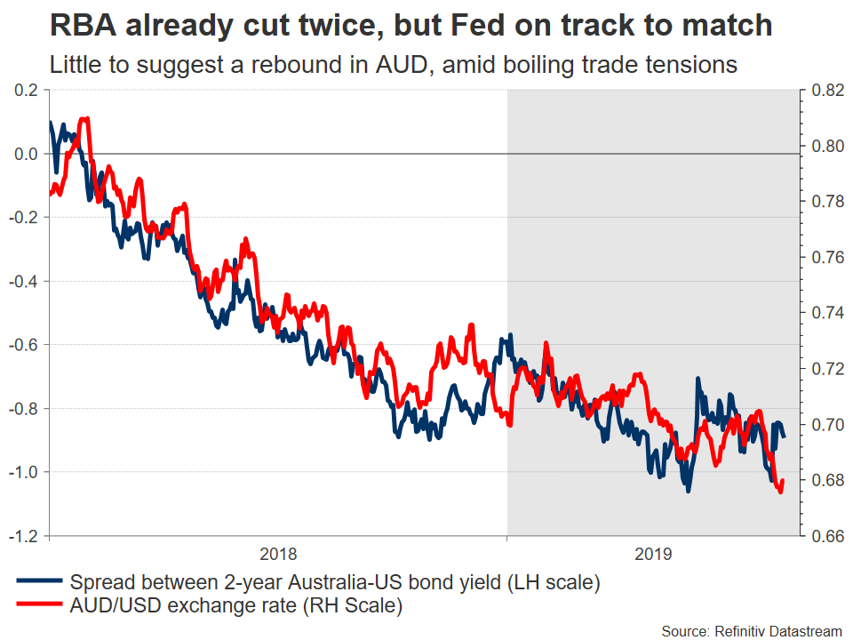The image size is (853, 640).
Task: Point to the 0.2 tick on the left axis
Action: click(x=27, y=91)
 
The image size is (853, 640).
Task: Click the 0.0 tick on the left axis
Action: click(x=27, y=155)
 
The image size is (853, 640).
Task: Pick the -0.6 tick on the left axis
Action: click(x=24, y=345)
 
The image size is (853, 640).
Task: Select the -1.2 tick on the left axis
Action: click(x=24, y=535)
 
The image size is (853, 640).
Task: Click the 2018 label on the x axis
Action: click(x=278, y=554)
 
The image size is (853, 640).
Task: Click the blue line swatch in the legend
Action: click(x=39, y=583)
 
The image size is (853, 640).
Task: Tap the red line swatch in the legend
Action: click(x=39, y=607)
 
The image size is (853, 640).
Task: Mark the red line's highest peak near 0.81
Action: click(x=85, y=118)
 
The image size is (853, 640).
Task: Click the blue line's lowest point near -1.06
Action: click(x=687, y=490)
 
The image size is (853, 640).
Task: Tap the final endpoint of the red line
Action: click(x=783, y=481)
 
